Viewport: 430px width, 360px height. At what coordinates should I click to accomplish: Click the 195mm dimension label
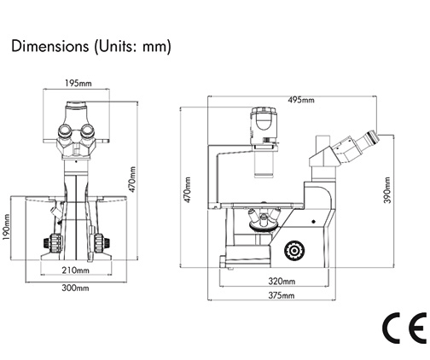click(x=78, y=84)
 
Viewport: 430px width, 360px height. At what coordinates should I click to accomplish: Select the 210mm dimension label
click(x=76, y=270)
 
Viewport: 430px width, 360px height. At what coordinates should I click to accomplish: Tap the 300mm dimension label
click(x=76, y=288)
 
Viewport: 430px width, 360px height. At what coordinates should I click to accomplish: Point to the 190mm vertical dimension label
click(x=7, y=227)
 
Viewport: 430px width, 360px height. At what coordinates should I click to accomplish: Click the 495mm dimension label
click(x=301, y=100)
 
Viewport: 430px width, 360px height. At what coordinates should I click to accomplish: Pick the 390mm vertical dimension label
click(x=387, y=190)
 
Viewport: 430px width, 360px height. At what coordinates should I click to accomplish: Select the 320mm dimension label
click(x=282, y=282)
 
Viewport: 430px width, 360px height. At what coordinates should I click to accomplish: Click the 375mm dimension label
click(x=282, y=295)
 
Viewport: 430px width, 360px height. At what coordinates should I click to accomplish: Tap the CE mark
click(x=404, y=328)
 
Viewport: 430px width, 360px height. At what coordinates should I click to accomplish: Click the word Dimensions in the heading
click(x=50, y=46)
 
